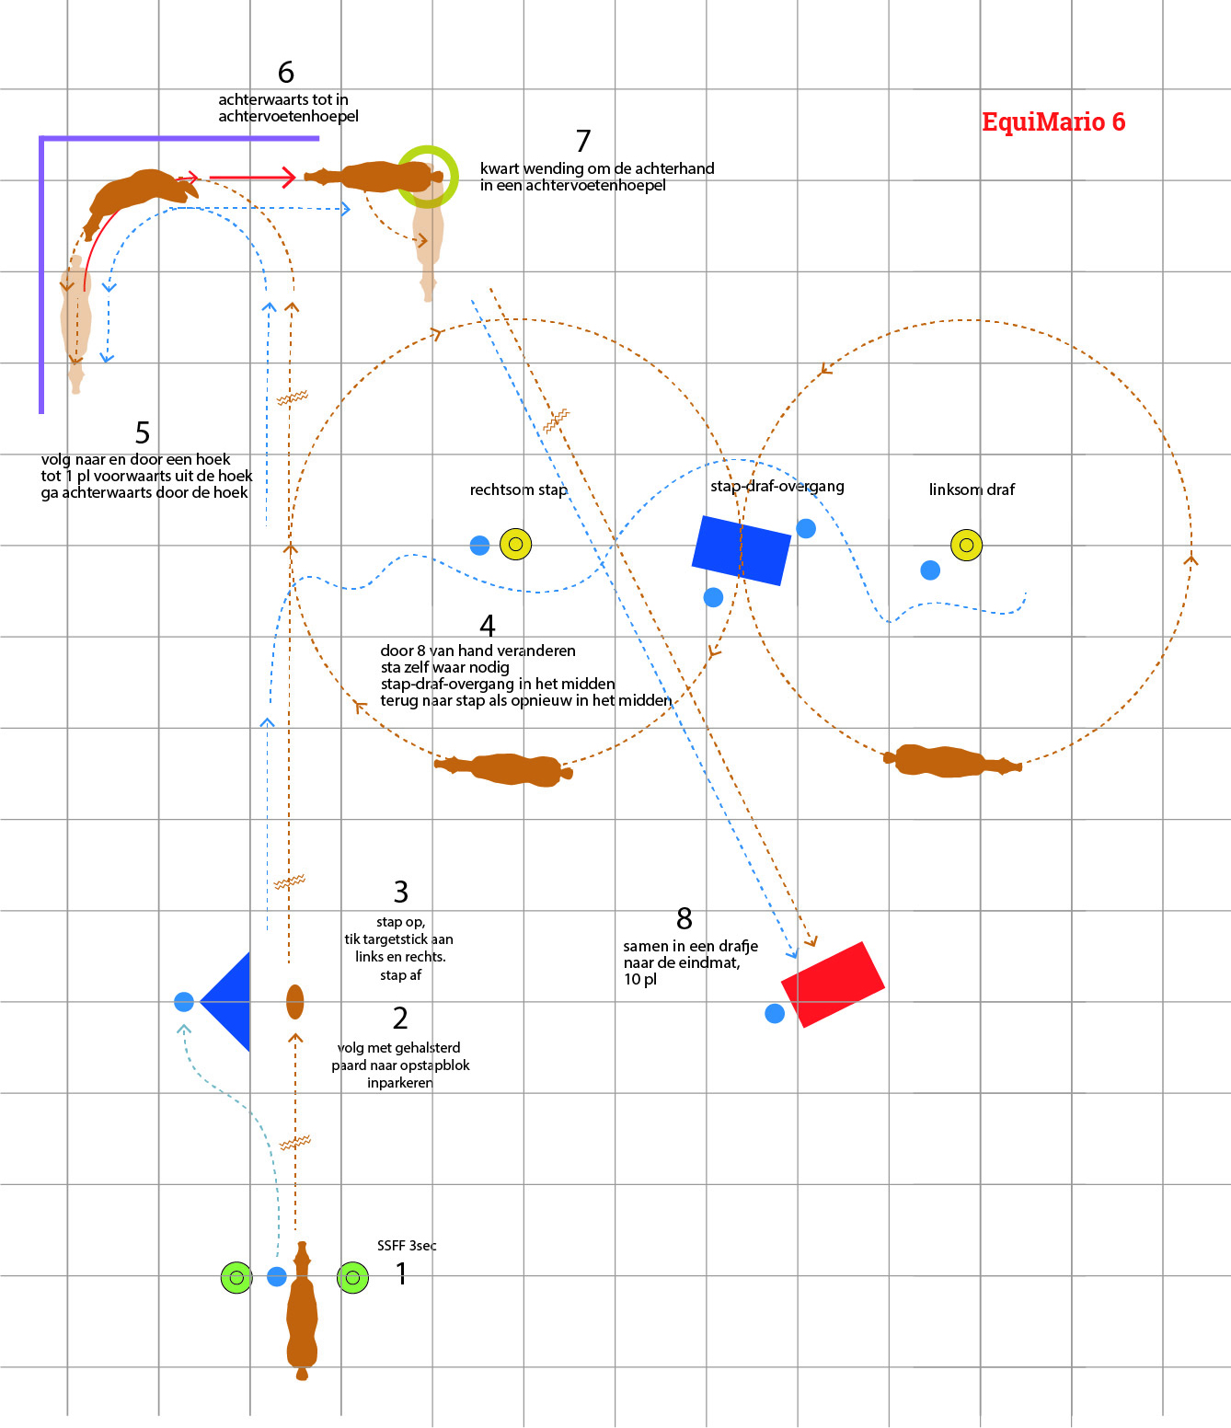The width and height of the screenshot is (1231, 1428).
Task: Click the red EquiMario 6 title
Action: (x=1053, y=121)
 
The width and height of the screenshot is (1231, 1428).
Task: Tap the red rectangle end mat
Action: (x=833, y=985)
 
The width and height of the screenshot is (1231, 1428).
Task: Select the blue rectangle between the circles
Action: (x=741, y=550)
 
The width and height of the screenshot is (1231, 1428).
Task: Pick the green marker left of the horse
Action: (x=236, y=1277)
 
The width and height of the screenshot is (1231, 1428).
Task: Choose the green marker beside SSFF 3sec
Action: (x=352, y=1277)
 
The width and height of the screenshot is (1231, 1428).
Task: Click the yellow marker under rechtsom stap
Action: (x=515, y=544)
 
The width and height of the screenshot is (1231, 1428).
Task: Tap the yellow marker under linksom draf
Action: (x=966, y=545)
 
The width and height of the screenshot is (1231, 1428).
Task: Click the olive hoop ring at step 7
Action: (x=428, y=176)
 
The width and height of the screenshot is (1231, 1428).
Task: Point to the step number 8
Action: (x=684, y=918)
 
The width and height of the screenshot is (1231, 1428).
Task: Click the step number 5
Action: (x=143, y=432)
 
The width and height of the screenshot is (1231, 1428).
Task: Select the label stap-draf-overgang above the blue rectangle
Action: (x=777, y=486)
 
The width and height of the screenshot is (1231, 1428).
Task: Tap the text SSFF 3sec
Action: (x=407, y=1245)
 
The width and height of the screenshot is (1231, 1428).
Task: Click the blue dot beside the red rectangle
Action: (x=775, y=1013)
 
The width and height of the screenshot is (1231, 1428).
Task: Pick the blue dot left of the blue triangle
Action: (x=184, y=1001)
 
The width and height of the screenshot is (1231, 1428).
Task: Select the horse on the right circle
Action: (x=952, y=761)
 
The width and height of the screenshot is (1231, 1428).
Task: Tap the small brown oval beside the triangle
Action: (x=294, y=1001)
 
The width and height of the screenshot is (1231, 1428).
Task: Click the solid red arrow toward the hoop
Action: (x=251, y=177)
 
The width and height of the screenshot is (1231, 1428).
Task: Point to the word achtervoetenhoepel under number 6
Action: (x=288, y=116)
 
